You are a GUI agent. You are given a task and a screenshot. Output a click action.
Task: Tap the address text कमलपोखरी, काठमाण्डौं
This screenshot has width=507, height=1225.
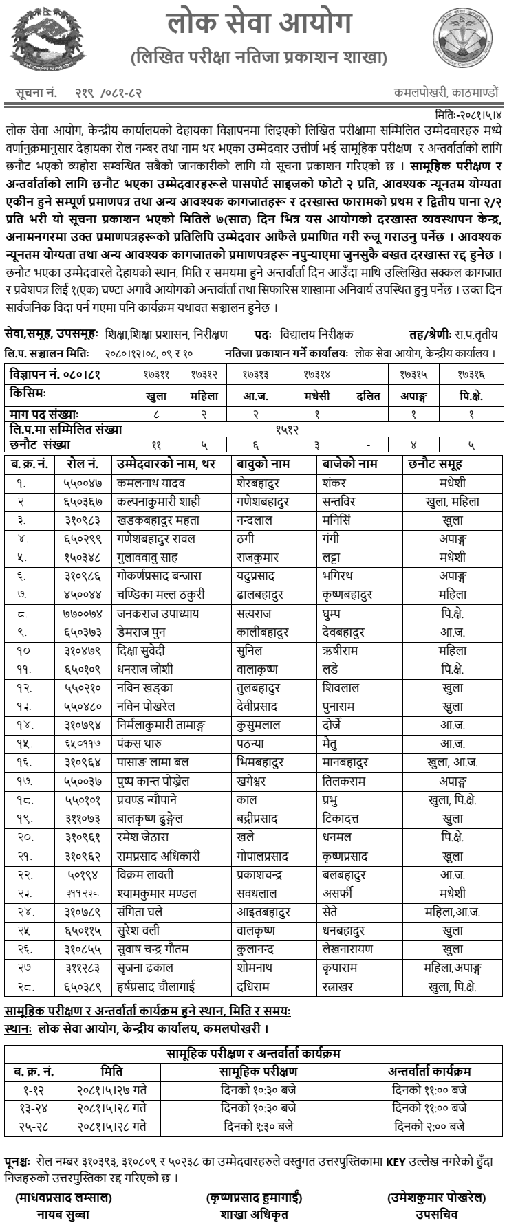[x=447, y=91]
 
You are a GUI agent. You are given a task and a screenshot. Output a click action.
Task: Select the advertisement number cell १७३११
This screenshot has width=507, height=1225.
[x=157, y=376]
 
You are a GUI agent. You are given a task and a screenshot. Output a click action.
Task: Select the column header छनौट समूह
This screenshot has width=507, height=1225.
[x=435, y=463]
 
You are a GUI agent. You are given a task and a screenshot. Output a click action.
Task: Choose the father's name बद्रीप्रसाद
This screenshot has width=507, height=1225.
[x=257, y=818]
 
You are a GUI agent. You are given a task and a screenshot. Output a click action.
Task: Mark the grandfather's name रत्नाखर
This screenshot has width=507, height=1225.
[x=340, y=986]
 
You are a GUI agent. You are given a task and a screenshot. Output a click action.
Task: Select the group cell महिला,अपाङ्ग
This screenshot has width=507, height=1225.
[x=452, y=967]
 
